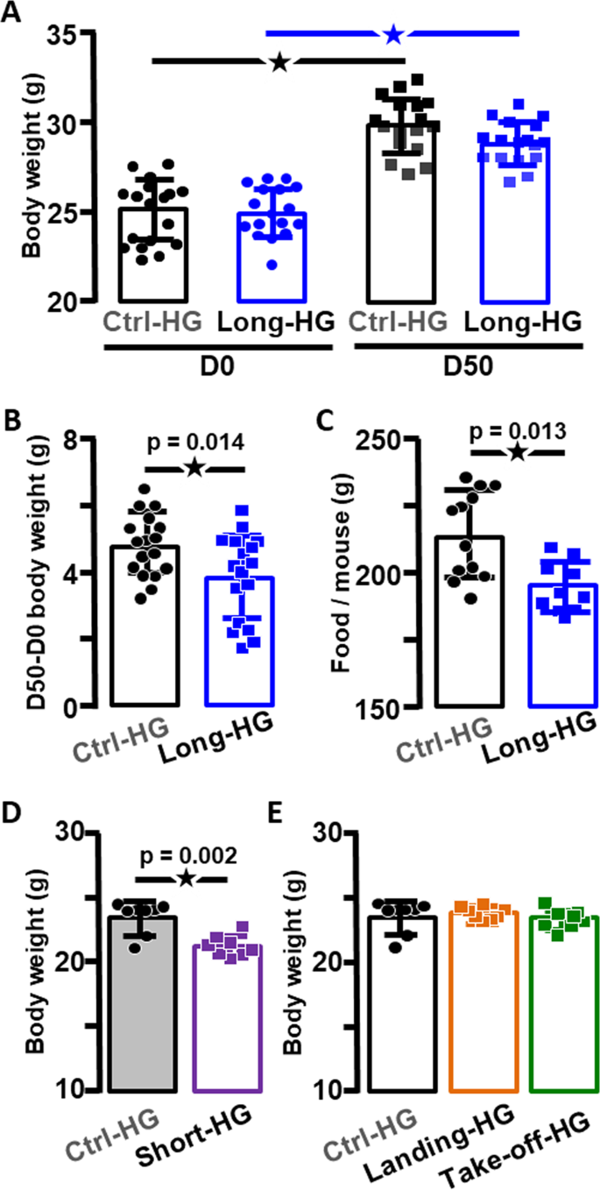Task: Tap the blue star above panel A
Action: tap(393, 33)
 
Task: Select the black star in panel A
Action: tap(279, 61)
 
